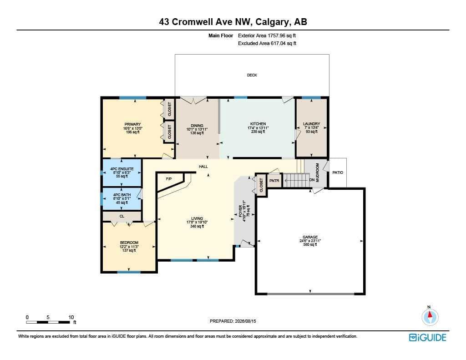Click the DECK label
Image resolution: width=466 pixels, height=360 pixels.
[252, 75]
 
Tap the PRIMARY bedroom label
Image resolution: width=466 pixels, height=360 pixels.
[132, 124]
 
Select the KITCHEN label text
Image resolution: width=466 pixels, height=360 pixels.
[258, 124]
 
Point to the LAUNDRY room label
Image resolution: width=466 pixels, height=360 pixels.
[311, 124]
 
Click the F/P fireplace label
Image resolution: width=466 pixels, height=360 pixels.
[169, 179]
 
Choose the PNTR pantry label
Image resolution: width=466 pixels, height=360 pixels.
[274, 181]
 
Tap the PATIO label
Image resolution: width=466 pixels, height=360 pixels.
[338, 172]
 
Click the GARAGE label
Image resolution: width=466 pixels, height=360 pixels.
[310, 237]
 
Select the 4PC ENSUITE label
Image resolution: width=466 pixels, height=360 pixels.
[122, 169]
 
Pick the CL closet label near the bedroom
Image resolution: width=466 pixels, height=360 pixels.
[122, 216]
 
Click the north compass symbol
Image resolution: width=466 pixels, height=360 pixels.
[430, 317]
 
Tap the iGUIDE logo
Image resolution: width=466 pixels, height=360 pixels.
[428, 337]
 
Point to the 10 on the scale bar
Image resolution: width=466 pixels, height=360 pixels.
[71, 317]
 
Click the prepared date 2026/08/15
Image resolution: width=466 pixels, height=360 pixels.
[245, 321]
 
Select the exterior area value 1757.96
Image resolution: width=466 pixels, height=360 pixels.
[276, 35]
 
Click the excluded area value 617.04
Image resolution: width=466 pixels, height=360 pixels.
[279, 43]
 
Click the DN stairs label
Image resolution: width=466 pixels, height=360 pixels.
[312, 180]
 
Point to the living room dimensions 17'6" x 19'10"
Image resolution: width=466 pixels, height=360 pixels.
[197, 223]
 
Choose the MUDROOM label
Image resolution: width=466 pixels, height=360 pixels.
[317, 172]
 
